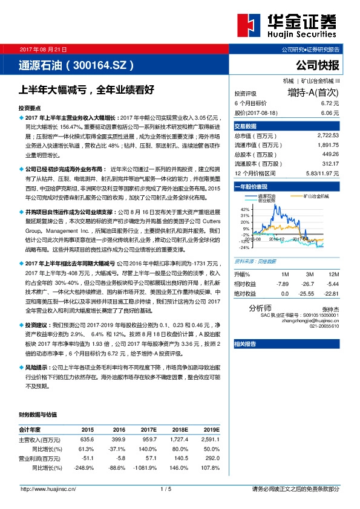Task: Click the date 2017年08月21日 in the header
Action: (x=44, y=50)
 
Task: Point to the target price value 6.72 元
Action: (x=330, y=104)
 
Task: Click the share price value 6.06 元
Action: (x=330, y=112)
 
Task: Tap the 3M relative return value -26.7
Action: (x=309, y=283)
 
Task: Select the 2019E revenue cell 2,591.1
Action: (x=209, y=439)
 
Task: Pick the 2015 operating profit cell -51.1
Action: (x=87, y=459)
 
